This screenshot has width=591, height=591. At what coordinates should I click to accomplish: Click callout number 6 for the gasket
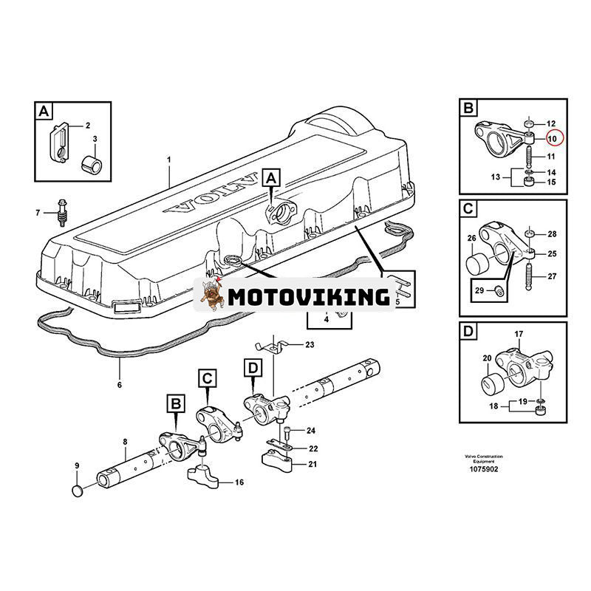pyautogui.click(x=119, y=384)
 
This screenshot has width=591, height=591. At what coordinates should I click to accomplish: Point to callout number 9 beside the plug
pyautogui.click(x=77, y=465)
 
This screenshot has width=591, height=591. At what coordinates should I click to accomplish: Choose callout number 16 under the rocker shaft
pyautogui.click(x=239, y=482)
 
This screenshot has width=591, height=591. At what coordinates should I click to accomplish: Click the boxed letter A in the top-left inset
pyautogui.click(x=45, y=112)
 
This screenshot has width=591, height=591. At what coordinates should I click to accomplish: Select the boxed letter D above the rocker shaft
pyautogui.click(x=253, y=366)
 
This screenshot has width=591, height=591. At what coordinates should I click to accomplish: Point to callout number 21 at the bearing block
pyautogui.click(x=312, y=465)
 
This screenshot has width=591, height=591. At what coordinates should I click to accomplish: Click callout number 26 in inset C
pyautogui.click(x=471, y=239)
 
